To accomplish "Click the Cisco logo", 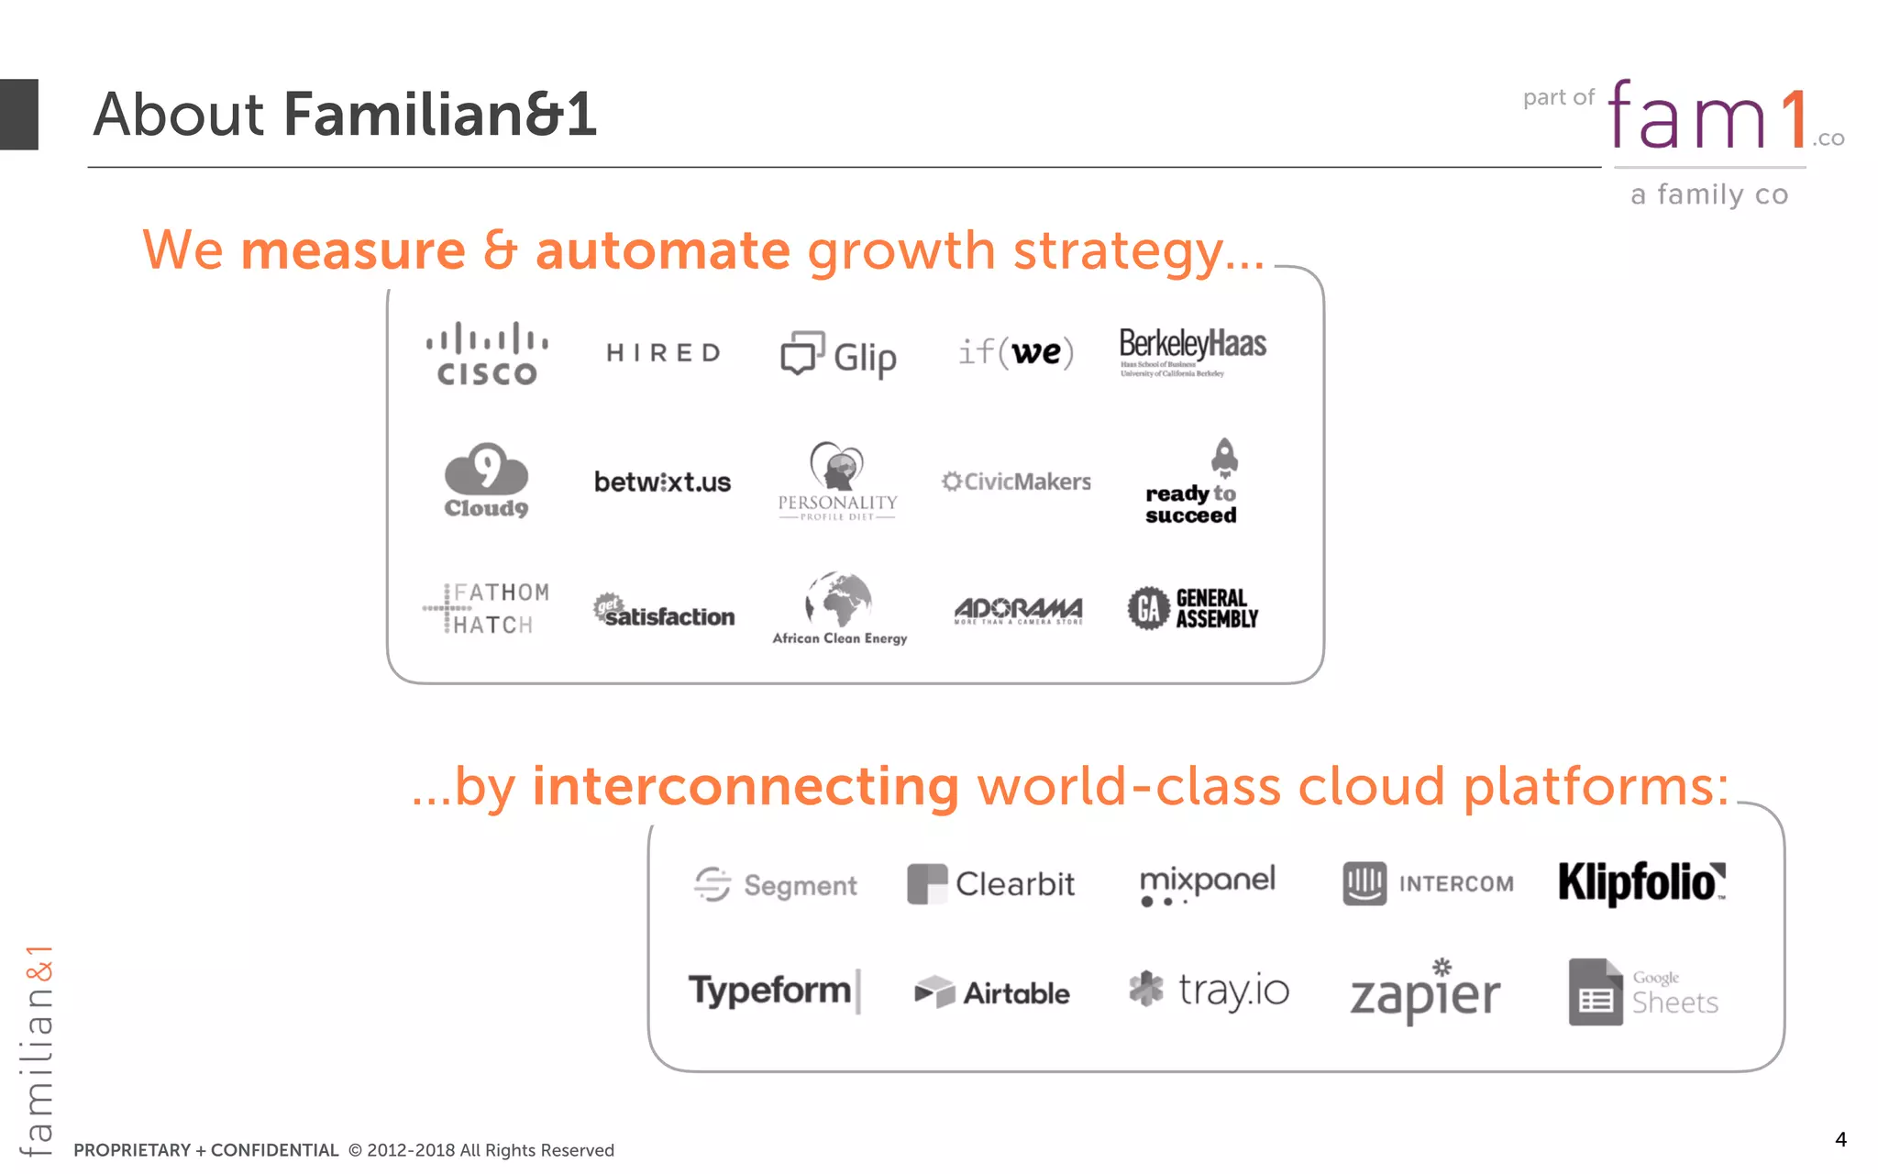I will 487,353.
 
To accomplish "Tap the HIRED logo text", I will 664,353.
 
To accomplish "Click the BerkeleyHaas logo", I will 1192,351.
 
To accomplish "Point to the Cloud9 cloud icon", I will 486,469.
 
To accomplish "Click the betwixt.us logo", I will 662,482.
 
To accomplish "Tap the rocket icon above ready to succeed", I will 1224,457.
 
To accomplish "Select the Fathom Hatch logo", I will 487,608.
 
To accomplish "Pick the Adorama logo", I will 1018,610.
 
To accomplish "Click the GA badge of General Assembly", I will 1148,608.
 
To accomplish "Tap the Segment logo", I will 776,884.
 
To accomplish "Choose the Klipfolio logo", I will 1641,882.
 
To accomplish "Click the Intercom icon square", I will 1364,883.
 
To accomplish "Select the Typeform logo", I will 772,991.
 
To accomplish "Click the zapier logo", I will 1425,994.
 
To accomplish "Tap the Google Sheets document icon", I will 1596,992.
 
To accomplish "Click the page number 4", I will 1840,1139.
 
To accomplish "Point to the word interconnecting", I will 746,787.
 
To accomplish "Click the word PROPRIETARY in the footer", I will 132,1150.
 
